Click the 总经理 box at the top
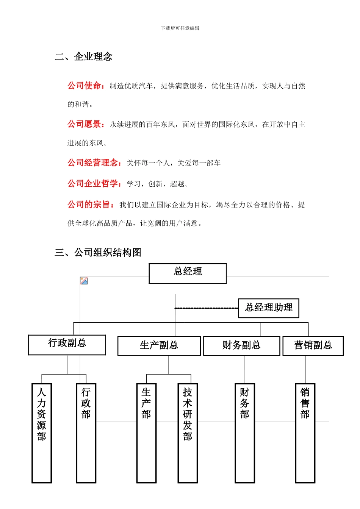click(188, 273)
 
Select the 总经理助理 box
click(268, 308)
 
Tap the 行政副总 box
click(67, 345)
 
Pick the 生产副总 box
click(159, 346)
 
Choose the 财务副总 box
click(241, 346)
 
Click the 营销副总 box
click(313, 346)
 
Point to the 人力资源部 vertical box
click(42, 433)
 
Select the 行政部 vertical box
click(86, 433)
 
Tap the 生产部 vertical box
click(146, 433)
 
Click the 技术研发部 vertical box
click(188, 433)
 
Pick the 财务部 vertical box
click(244, 433)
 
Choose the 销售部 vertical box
click(305, 433)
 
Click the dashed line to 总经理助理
click(207, 308)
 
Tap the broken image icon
click(84, 281)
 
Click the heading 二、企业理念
click(84, 57)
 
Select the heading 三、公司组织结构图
click(98, 253)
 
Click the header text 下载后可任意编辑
click(180, 28)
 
